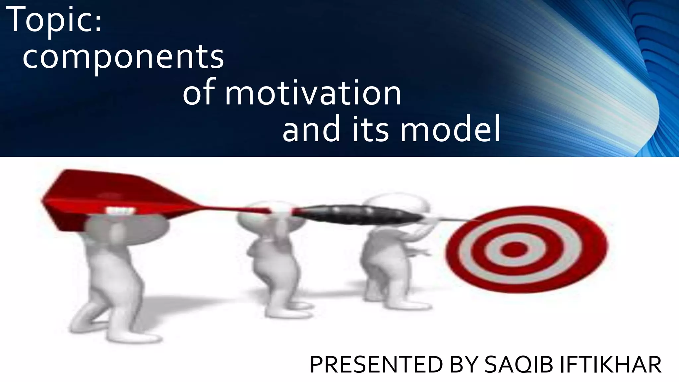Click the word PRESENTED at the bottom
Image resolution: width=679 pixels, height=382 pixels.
pos(376,365)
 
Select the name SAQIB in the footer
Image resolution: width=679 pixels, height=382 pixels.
pos(519,365)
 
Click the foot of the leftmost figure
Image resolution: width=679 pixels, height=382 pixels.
pos(133,338)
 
